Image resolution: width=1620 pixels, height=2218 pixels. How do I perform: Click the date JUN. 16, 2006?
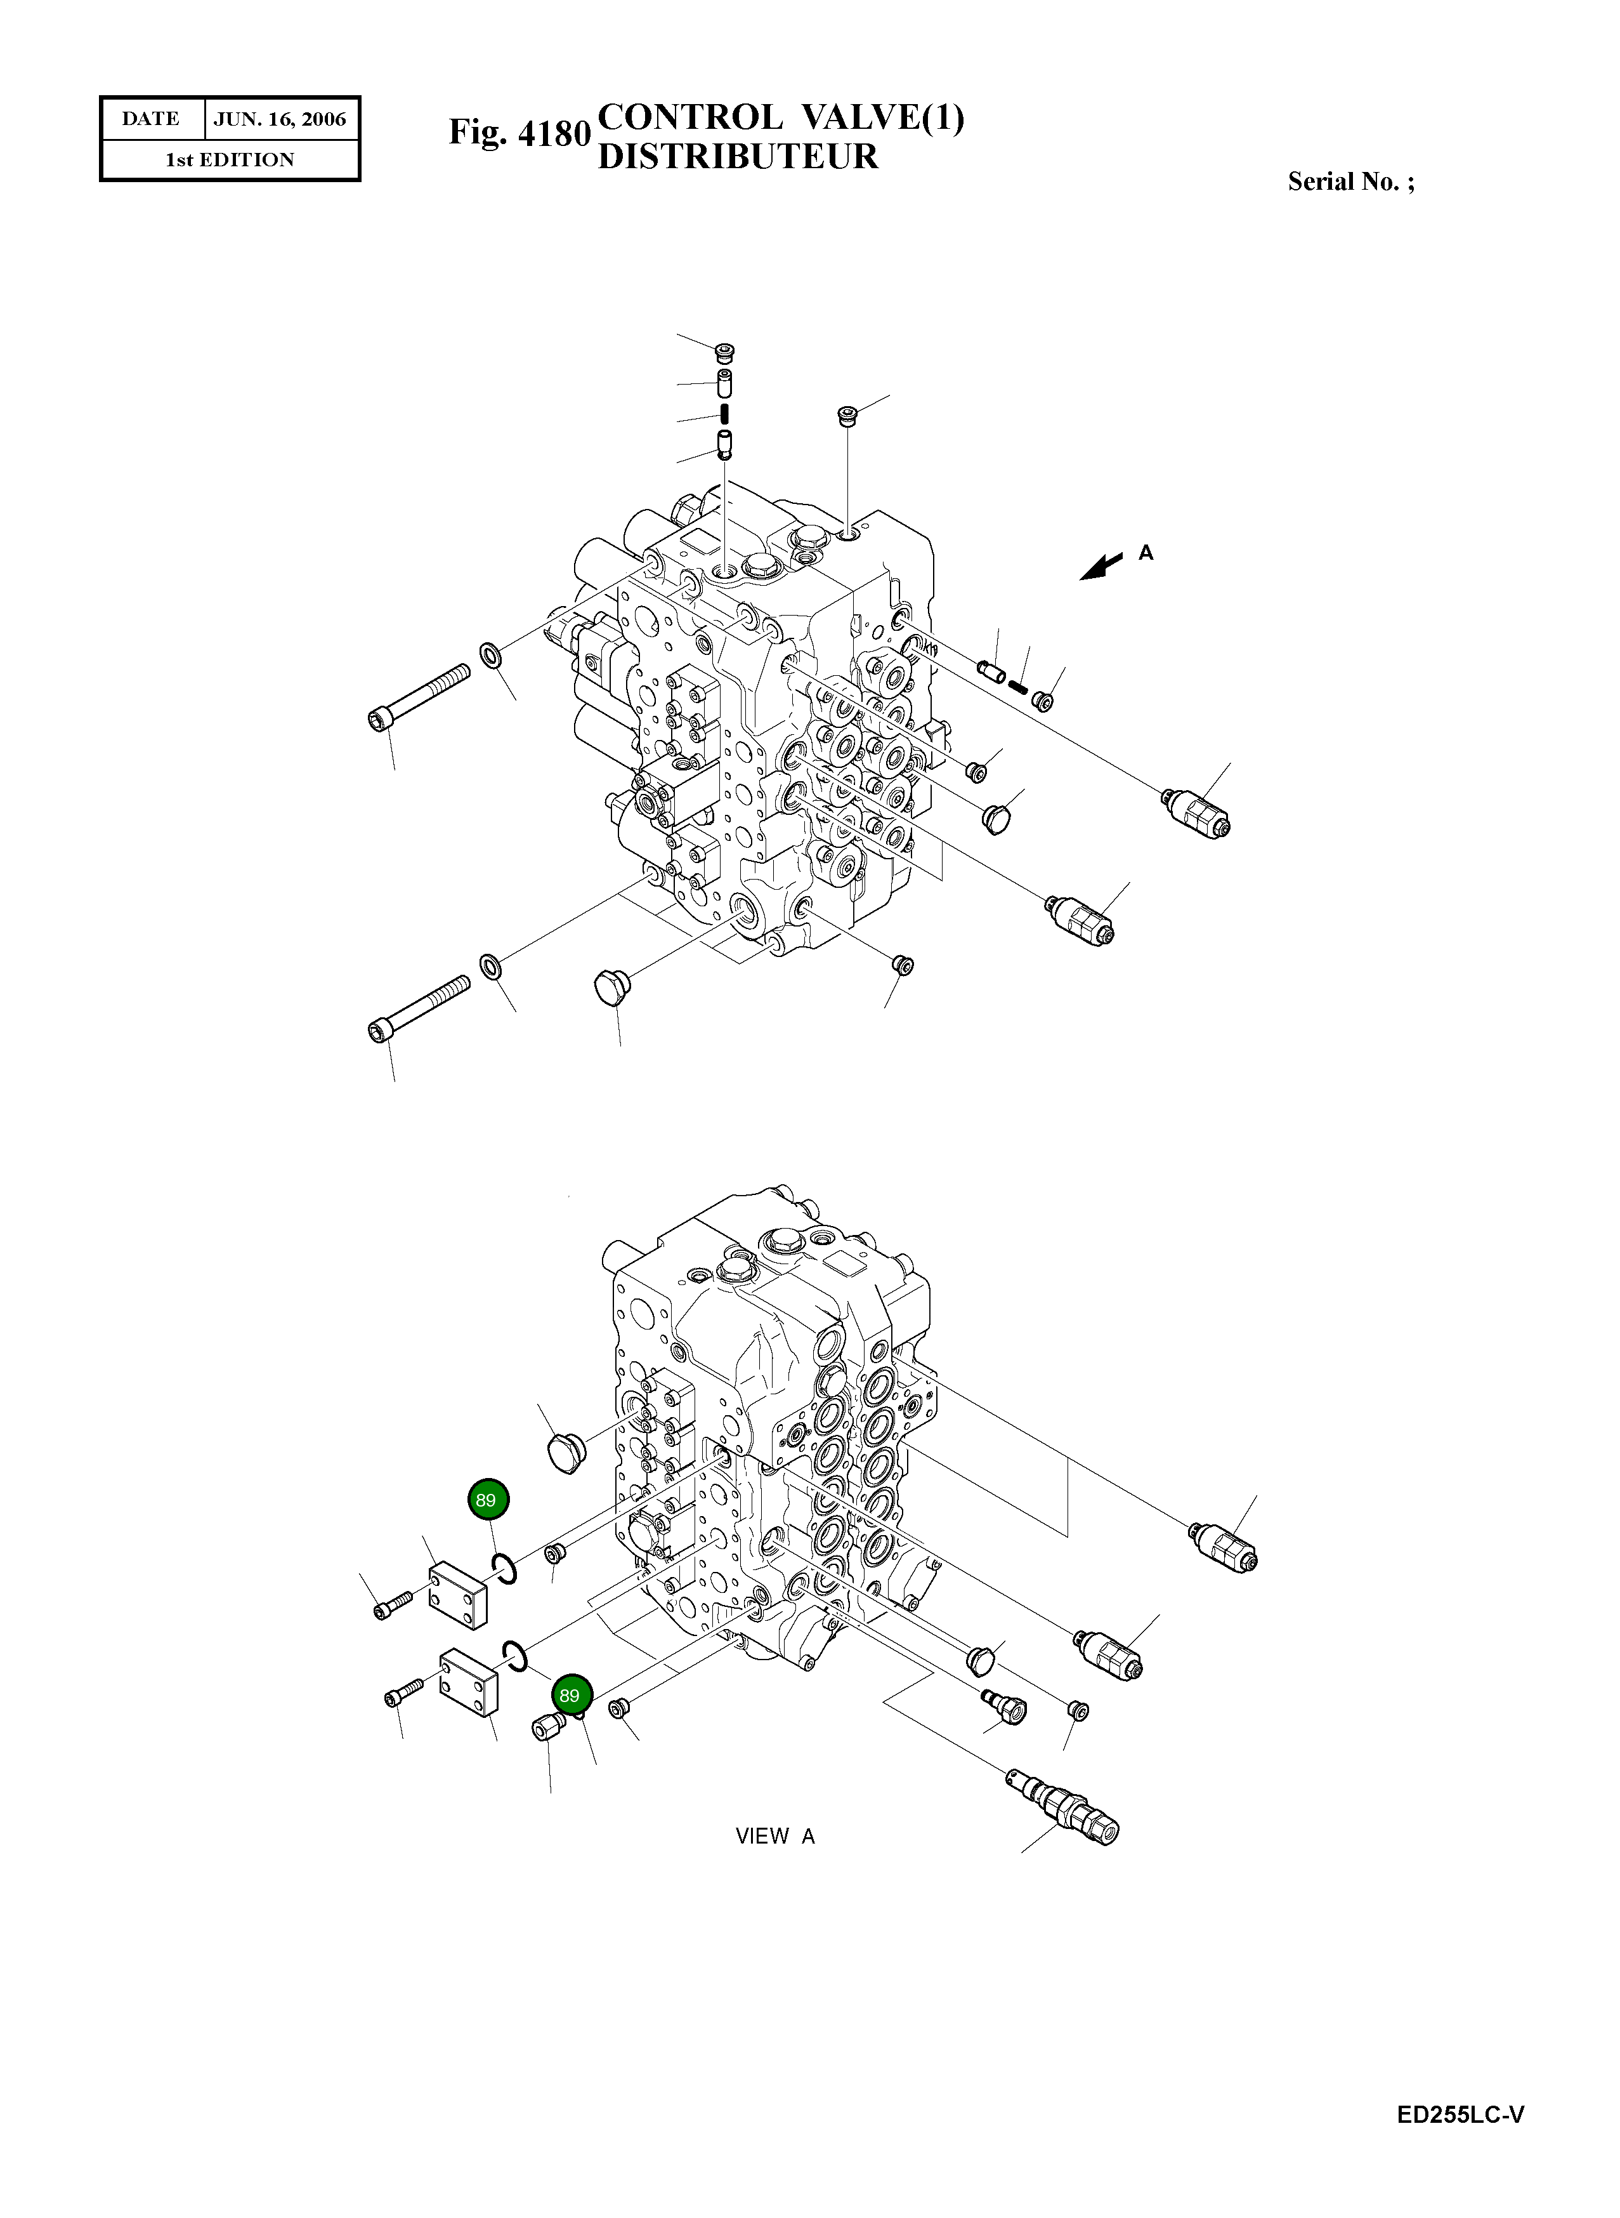click(x=280, y=119)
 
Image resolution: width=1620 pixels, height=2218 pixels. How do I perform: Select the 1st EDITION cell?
click(x=230, y=160)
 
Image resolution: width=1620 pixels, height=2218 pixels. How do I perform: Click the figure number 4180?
click(x=553, y=133)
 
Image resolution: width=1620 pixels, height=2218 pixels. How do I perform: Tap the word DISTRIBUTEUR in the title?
click(x=738, y=156)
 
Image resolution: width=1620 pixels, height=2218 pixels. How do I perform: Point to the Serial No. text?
click(x=1350, y=182)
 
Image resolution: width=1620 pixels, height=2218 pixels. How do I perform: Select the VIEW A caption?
click(x=774, y=1835)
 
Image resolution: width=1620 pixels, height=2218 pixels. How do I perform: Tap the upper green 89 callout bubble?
click(x=487, y=1499)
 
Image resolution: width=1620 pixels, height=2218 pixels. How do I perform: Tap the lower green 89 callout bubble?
click(x=570, y=1694)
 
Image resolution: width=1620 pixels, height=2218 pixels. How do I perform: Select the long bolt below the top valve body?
click(x=419, y=1008)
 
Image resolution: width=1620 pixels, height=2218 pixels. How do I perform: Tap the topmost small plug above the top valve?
click(x=724, y=351)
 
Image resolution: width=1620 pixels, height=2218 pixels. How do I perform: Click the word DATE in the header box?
click(x=151, y=119)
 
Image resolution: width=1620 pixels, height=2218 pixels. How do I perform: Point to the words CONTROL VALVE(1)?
click(x=781, y=117)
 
